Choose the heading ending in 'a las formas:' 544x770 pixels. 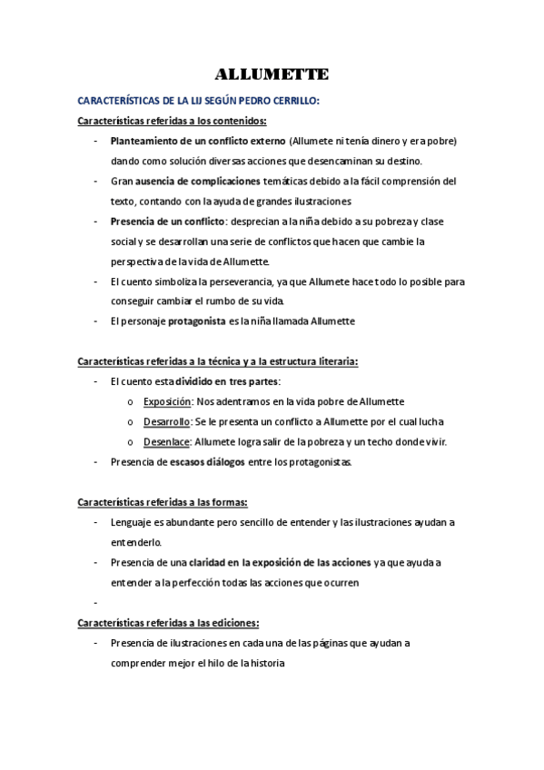click(x=163, y=501)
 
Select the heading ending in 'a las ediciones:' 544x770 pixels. click(x=169, y=622)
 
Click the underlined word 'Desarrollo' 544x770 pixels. click(x=166, y=421)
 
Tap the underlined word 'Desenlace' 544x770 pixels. click(x=166, y=441)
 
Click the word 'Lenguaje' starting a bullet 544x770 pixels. click(x=131, y=522)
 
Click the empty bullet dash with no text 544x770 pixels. click(x=95, y=602)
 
